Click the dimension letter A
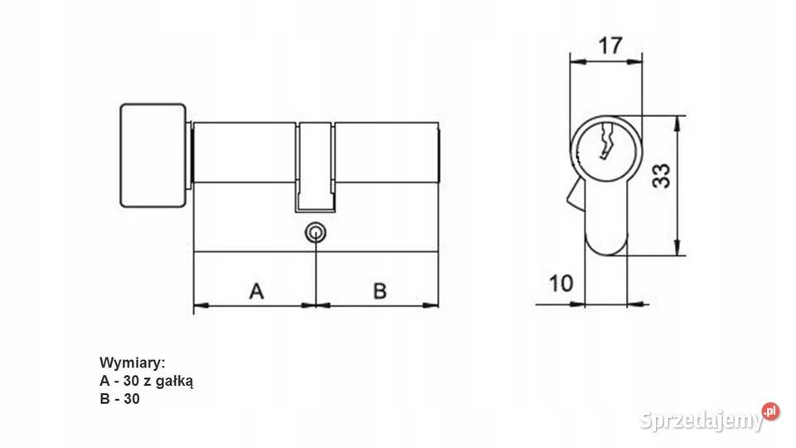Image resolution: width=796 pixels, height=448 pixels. [x=257, y=291]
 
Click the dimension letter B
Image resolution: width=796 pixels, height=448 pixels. [x=380, y=291]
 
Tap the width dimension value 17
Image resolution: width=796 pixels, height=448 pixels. [x=609, y=46]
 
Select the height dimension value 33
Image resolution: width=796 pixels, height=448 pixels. [x=661, y=176]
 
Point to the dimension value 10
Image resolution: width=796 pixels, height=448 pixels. [x=561, y=284]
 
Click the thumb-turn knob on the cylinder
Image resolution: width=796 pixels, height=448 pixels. [x=153, y=155]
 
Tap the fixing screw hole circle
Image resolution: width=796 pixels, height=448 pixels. [x=315, y=233]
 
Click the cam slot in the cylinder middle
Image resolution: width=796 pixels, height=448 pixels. [x=315, y=167]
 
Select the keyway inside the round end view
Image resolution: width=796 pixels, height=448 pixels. [x=606, y=140]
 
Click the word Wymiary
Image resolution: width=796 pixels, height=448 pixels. [x=132, y=363]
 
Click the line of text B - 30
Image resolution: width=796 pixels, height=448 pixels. [x=119, y=399]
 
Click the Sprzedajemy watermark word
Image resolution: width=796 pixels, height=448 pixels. [x=701, y=421]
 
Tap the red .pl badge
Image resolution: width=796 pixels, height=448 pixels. [x=770, y=411]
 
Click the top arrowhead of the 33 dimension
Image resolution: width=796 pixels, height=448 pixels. [x=677, y=123]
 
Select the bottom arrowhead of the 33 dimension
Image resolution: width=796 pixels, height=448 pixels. [x=677, y=248]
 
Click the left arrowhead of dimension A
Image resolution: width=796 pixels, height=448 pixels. [x=201, y=305]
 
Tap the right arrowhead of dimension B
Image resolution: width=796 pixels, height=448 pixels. [x=431, y=305]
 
